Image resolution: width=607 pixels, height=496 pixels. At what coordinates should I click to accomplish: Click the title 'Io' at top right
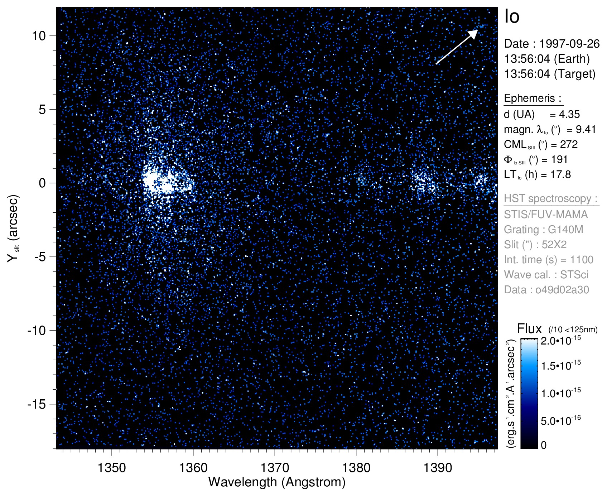click(x=512, y=16)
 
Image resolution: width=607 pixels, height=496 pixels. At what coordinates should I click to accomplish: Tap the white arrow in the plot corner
click(x=457, y=47)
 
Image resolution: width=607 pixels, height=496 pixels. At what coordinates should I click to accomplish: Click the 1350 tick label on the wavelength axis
click(x=112, y=468)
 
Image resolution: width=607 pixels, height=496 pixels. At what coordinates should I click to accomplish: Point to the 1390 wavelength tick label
click(x=438, y=468)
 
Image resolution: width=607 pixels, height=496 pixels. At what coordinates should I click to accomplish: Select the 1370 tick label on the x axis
click(x=275, y=468)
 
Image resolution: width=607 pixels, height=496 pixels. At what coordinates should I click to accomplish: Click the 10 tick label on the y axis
click(x=39, y=36)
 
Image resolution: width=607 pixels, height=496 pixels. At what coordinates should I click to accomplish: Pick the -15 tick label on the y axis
click(x=37, y=404)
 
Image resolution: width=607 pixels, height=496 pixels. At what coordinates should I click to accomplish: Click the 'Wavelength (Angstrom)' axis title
click(x=277, y=482)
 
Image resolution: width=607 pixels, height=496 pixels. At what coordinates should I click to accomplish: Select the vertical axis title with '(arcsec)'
click(x=13, y=228)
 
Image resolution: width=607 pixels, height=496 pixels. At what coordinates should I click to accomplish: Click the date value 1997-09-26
click(x=569, y=44)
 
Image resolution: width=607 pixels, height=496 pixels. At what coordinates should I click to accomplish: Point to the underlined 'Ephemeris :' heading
click(x=533, y=98)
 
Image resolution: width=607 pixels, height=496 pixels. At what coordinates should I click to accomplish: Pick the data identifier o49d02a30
click(x=562, y=290)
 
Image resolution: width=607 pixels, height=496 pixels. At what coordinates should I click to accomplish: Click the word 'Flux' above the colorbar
click(x=529, y=329)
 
